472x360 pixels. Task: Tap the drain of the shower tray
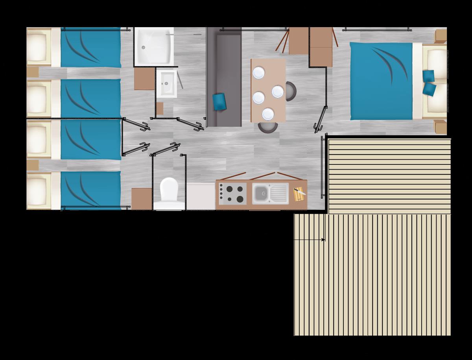pyautogui.click(x=144, y=47)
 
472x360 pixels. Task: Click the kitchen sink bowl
pyautogui.click(x=260, y=193)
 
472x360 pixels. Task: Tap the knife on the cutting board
pyautogui.click(x=300, y=192)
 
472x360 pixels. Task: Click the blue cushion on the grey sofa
pyautogui.click(x=219, y=102)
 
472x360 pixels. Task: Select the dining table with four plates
pyautogui.click(x=268, y=90)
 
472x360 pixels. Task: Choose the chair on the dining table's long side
pyautogui.click(x=291, y=90)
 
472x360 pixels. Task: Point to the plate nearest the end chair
pyautogui.click(x=268, y=114)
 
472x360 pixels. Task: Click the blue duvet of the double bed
pyautogui.click(x=381, y=81)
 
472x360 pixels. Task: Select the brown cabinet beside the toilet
pyautogui.click(x=142, y=199)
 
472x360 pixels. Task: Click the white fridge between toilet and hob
pyautogui.click(x=201, y=196)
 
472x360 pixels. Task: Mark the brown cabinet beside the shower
pyautogui.click(x=144, y=79)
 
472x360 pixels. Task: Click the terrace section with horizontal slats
pyautogui.click(x=389, y=175)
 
